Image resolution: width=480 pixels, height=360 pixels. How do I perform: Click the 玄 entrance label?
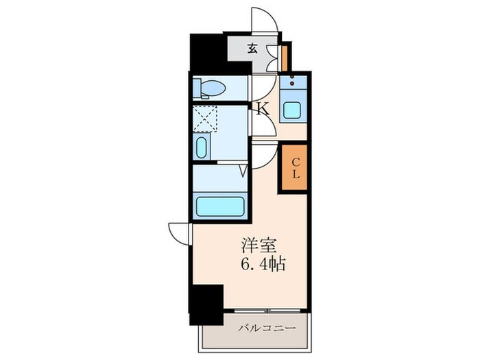pos(252,49)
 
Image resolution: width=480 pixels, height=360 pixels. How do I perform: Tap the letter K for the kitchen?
pos(262,108)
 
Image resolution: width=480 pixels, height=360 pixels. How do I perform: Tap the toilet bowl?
pos(213,88)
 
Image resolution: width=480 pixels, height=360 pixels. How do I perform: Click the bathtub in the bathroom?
pos(219,205)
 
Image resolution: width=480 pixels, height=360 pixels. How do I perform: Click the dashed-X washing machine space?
pos(204,117)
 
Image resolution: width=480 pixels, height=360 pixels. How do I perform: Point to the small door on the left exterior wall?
pos(178,234)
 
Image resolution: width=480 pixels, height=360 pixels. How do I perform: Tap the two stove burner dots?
pos(296,83)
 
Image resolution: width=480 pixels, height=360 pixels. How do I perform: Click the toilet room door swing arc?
pos(261,86)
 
